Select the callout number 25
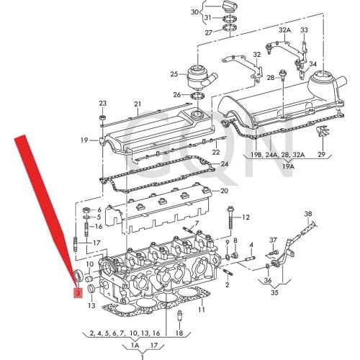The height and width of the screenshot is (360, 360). pos(174,74)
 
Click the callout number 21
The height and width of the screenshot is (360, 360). pos(138,104)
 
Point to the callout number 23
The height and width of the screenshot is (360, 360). pos(102,103)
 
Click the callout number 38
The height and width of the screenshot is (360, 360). pos(308,214)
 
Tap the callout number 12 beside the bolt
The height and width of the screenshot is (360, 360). pos(246,217)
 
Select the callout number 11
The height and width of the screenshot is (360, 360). pos(202,310)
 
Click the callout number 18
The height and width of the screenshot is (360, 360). pos(180,333)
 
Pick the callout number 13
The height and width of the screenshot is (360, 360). pos(91,306)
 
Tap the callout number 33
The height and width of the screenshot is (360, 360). pos(304,30)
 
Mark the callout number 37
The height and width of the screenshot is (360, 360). pos(273,240)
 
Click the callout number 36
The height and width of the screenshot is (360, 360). pos(268,281)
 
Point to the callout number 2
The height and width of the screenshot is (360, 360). pos(228,284)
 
